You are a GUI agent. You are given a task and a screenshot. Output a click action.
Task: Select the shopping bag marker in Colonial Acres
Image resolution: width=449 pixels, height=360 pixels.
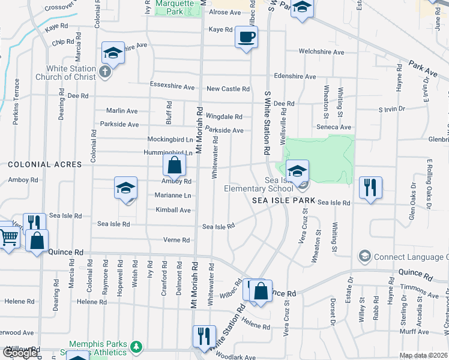pyautogui.click(x=174, y=166)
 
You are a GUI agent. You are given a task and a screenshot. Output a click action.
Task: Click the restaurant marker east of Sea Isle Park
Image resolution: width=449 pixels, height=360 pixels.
pyautogui.click(x=370, y=187)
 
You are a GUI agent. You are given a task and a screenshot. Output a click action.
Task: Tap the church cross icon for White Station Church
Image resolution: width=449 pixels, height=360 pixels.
pyautogui.click(x=106, y=73)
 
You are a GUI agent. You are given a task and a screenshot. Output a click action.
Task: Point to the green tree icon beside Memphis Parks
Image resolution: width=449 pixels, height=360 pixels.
pyautogui.click(x=137, y=346)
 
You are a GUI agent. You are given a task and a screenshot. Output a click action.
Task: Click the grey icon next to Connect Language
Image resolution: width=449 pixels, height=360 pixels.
pyautogui.click(x=364, y=257)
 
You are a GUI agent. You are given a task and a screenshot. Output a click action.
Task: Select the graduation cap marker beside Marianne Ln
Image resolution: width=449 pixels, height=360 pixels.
pyautogui.click(x=126, y=188)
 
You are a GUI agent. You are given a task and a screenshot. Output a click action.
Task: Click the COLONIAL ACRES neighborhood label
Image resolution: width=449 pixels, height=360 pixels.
pyautogui.click(x=44, y=164)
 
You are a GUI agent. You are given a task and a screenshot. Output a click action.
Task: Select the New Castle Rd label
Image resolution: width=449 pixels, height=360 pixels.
pyautogui.click(x=228, y=89)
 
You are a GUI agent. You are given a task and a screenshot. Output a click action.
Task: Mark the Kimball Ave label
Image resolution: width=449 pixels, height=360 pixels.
pyautogui.click(x=173, y=210)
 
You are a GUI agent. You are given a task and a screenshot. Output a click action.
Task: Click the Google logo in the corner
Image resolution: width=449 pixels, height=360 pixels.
pyautogui.click(x=20, y=353)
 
